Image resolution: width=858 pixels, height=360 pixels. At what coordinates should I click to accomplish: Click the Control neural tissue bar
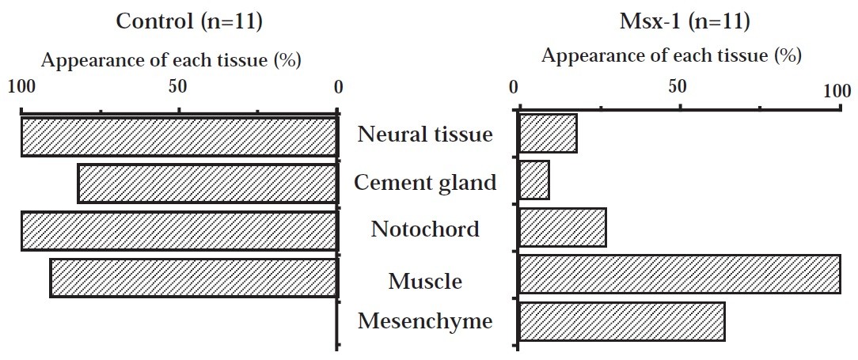coord(179,136)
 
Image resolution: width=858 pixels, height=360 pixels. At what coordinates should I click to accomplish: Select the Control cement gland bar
coord(207,184)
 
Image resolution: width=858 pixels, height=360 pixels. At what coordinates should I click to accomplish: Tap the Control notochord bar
coord(179,231)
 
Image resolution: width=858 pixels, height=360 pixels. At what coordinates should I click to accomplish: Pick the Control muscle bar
coord(193,277)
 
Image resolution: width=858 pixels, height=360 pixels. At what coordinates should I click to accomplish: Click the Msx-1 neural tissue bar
coord(547,133)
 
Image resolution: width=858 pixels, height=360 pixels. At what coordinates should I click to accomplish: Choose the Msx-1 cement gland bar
coord(533,181)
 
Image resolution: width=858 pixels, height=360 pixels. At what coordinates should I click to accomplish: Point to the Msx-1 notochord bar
coord(562,228)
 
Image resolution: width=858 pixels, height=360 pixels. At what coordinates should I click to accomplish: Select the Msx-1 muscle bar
coord(679,274)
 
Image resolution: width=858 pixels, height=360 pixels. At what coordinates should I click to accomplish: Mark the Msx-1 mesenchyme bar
coord(621,320)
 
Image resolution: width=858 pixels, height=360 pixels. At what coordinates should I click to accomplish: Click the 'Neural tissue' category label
coord(425,135)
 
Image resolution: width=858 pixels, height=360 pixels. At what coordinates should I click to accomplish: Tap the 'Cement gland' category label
coord(425,183)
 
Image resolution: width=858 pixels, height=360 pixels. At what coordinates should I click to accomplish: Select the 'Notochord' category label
coord(425,229)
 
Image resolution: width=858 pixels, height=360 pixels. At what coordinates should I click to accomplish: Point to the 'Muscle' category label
coord(425,281)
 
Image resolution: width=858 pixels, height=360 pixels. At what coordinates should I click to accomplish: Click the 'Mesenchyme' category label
coord(425,321)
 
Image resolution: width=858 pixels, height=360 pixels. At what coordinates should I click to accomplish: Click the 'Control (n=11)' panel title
coord(189,21)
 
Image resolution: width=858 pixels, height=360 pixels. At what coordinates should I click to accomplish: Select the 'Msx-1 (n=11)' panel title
coord(684,21)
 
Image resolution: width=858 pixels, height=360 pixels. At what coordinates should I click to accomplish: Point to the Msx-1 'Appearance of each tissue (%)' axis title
coord(671,56)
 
